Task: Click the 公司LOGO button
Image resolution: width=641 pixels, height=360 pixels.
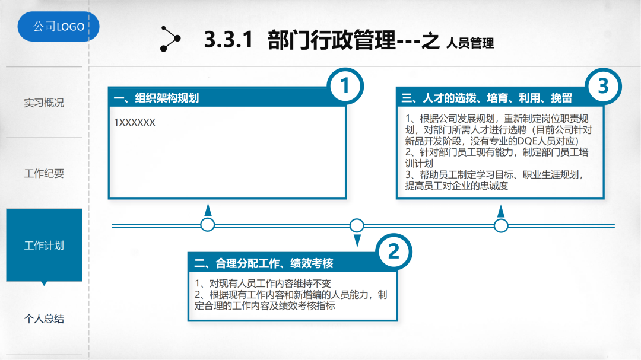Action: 58,27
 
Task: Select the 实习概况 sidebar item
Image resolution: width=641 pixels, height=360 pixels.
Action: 44,103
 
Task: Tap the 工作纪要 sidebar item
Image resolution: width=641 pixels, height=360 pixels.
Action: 44,174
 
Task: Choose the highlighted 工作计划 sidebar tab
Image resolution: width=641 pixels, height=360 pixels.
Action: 44,246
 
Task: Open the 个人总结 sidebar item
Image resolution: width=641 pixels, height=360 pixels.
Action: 44,319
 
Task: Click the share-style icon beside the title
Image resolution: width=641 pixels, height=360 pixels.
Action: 170,39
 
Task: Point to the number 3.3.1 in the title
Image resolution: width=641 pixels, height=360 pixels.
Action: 229,40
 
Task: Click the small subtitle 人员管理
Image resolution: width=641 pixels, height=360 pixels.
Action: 470,43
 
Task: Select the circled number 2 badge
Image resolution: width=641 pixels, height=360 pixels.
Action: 394,251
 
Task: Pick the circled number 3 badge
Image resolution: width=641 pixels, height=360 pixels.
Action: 603,87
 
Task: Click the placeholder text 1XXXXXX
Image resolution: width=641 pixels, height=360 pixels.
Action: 135,122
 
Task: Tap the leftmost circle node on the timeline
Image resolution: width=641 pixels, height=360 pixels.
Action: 208,225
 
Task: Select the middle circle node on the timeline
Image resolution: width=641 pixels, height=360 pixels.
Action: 357,225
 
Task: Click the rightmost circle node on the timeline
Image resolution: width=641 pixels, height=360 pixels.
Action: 502,225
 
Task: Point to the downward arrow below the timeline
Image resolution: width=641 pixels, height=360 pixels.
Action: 357,240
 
